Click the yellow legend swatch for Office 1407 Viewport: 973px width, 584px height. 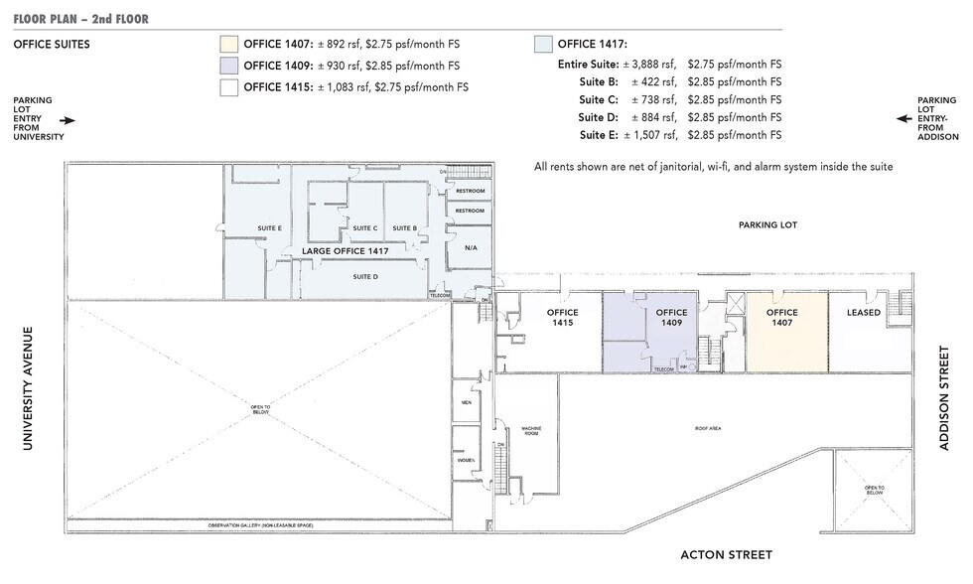228,44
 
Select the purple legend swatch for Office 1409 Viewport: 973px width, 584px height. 228,66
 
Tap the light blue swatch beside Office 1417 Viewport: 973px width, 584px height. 543,44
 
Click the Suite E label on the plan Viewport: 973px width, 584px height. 269,228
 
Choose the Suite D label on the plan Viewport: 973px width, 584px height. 365,276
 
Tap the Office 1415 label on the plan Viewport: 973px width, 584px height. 562,318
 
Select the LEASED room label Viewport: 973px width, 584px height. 863,313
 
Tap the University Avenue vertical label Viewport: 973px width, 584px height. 27,388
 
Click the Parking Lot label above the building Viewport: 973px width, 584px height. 767,225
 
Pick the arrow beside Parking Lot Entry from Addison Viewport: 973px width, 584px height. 903,118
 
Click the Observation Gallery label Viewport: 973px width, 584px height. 260,524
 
